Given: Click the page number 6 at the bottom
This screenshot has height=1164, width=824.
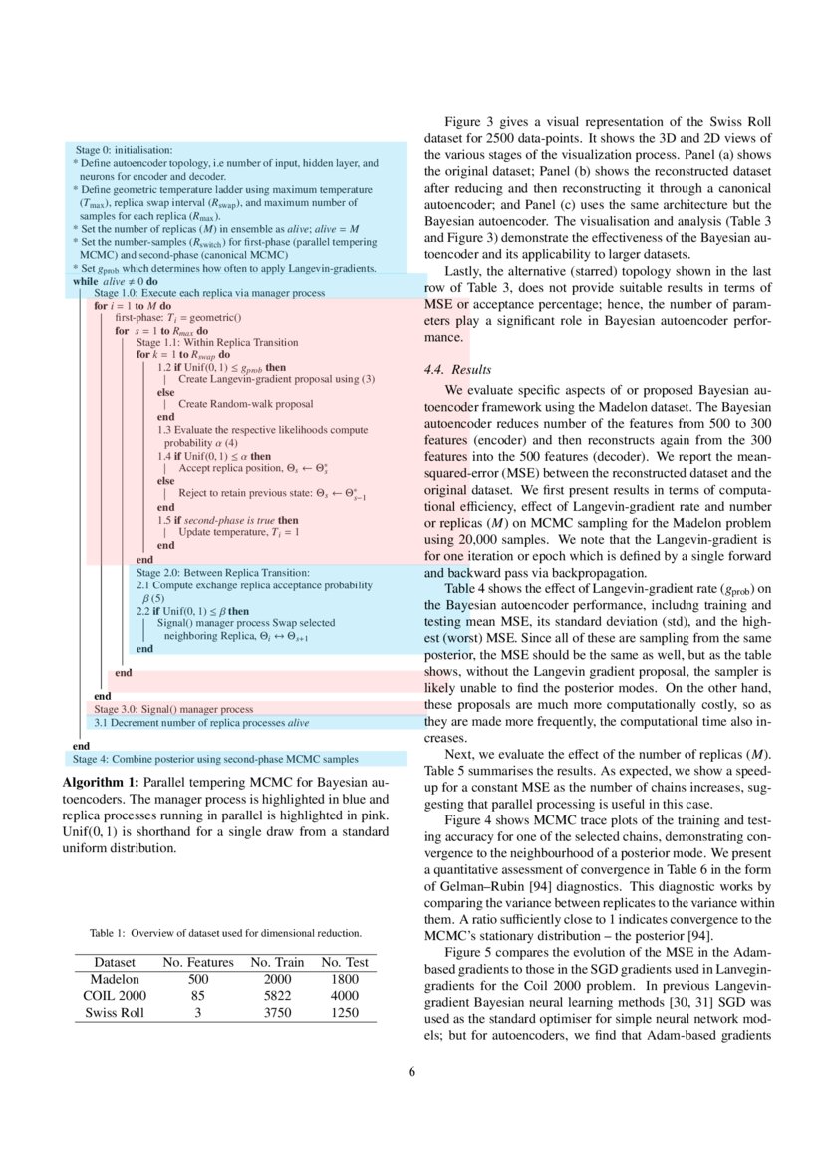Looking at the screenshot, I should [x=412, y=1072].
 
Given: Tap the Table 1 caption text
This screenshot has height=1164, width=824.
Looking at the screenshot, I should [x=225, y=933].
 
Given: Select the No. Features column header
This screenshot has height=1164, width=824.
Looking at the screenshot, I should [x=198, y=962].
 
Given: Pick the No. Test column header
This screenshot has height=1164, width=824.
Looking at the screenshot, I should [x=344, y=962].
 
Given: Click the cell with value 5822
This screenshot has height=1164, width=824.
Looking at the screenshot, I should [x=277, y=996].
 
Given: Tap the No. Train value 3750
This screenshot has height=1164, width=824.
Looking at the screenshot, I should [x=277, y=1013].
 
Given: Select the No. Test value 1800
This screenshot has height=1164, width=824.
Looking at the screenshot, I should [x=344, y=979].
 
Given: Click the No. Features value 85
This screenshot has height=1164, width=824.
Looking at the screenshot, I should [x=198, y=996].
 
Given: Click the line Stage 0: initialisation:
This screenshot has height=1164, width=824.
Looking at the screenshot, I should [x=125, y=149].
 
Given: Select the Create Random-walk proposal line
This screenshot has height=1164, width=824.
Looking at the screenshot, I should [x=245, y=404].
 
